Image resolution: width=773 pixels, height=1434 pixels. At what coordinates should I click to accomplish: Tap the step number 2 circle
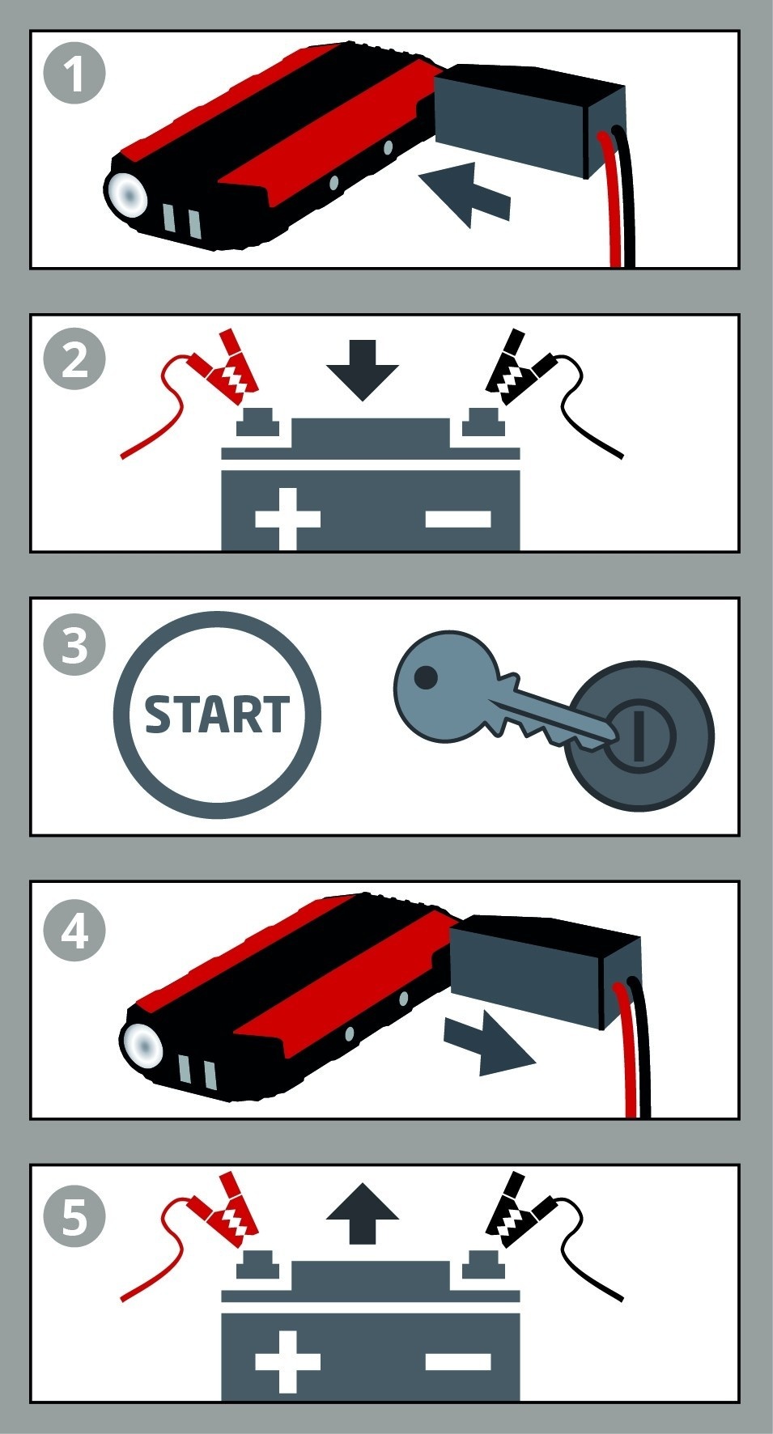click(74, 358)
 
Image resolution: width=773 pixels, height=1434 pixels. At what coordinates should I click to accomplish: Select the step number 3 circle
click(74, 645)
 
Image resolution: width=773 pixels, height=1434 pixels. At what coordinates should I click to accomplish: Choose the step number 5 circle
click(74, 1216)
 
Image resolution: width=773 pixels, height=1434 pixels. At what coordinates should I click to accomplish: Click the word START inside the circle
click(216, 714)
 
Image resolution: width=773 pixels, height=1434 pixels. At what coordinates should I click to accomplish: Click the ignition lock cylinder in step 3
click(639, 737)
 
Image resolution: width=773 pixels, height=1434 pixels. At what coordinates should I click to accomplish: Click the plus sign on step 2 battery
click(287, 518)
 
